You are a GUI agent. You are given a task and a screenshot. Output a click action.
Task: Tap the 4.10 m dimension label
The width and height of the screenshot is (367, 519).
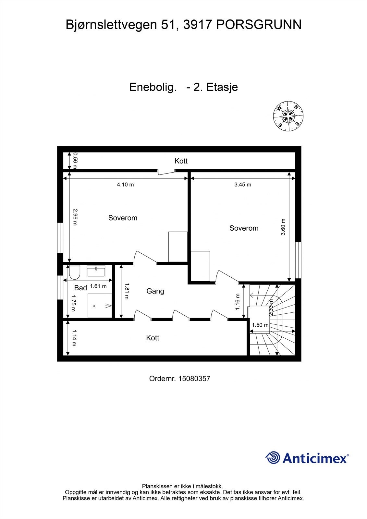click(x=125, y=185)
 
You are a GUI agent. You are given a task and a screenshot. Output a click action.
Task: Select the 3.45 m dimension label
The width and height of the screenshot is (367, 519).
click(x=243, y=185)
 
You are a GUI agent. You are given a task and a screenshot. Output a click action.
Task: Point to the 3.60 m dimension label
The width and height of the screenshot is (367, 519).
click(x=283, y=227)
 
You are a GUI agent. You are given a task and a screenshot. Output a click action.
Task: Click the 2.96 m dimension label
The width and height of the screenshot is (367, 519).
click(x=75, y=217)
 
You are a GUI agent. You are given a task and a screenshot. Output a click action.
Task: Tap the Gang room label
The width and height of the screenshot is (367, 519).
click(x=155, y=291)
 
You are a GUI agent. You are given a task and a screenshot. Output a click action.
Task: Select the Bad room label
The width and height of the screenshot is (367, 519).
click(x=80, y=288)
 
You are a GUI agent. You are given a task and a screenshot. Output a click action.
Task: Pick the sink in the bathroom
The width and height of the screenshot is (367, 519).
click(x=96, y=271)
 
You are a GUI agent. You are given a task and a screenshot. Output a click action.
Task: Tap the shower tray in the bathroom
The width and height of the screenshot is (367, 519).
click(x=100, y=306)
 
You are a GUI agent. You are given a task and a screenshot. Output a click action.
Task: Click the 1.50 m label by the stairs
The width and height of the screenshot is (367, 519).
click(x=260, y=325)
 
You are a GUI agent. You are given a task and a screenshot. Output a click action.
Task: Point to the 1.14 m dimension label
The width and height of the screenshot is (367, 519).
click(x=74, y=338)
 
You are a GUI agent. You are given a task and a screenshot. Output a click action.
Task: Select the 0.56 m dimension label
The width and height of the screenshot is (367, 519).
click(x=75, y=161)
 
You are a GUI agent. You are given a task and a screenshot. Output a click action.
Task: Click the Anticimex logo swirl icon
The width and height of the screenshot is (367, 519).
click(x=273, y=458)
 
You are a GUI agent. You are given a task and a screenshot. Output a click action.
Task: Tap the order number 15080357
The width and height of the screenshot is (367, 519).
click(x=194, y=379)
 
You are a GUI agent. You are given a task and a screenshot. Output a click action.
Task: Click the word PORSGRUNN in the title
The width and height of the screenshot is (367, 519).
click(x=259, y=25)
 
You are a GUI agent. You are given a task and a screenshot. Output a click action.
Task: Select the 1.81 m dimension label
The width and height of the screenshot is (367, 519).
click(x=127, y=291)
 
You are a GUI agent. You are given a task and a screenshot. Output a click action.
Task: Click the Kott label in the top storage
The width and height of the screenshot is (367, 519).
click(x=181, y=161)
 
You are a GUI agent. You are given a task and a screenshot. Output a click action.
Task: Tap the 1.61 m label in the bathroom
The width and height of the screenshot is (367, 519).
click(x=98, y=286)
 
